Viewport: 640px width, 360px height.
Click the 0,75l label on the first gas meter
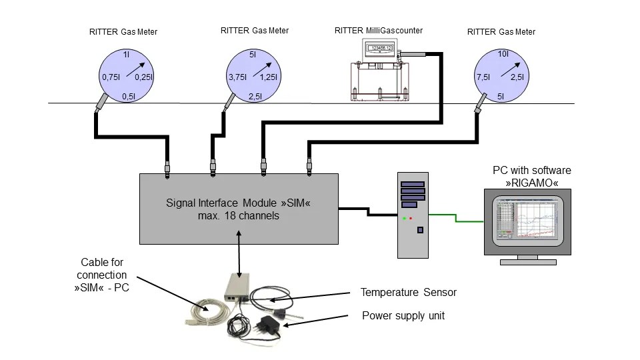click(x=110, y=78)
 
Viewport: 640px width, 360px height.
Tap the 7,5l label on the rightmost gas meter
click(x=483, y=78)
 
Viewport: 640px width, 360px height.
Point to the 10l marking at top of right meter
click(x=503, y=54)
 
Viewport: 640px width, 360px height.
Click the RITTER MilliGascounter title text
click(x=377, y=31)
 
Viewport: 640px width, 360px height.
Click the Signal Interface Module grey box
click(x=238, y=208)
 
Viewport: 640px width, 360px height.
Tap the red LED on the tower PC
click(x=411, y=218)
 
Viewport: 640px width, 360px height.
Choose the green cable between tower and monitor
click(x=460, y=217)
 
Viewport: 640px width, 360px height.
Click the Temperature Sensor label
click(x=408, y=293)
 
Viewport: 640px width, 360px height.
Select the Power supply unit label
click(x=403, y=315)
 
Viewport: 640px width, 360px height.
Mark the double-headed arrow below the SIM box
click(x=238, y=250)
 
